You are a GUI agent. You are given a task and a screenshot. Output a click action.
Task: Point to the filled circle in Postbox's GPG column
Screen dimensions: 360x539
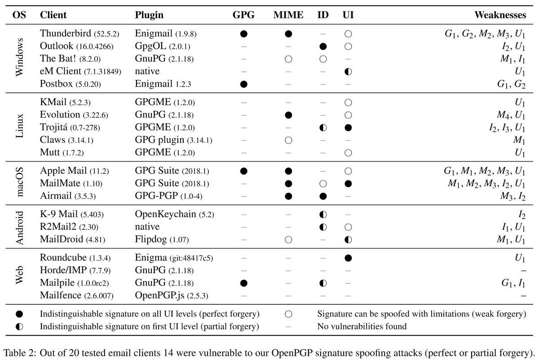click(x=243, y=84)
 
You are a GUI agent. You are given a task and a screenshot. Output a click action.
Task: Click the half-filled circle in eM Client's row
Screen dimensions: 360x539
click(x=348, y=71)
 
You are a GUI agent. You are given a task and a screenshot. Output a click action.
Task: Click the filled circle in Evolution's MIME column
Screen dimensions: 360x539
click(x=288, y=115)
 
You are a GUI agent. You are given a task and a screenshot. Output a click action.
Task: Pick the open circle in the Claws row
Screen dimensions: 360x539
click(x=288, y=140)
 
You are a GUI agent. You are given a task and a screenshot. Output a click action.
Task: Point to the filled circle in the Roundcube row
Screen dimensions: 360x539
click(x=348, y=258)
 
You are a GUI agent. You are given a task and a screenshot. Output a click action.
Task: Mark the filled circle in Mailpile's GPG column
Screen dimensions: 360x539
click(x=243, y=283)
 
